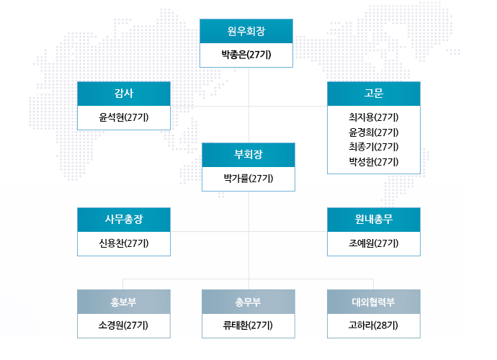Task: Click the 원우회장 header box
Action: pyautogui.click(x=246, y=31)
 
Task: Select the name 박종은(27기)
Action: pyautogui.click(x=246, y=55)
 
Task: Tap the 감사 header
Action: pyautogui.click(x=124, y=94)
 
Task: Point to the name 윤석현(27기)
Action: pyautogui.click(x=124, y=117)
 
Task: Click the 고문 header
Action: pyautogui.click(x=374, y=94)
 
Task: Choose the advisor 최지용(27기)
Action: pyautogui.click(x=374, y=117)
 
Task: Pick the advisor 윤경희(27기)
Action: pyautogui.click(x=374, y=132)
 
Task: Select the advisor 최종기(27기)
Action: pyautogui.click(x=374, y=147)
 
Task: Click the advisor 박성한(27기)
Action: pyautogui.click(x=374, y=162)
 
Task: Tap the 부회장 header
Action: pyautogui.click(x=248, y=155)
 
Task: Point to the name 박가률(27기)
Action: pyautogui.click(x=248, y=179)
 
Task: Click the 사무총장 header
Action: pyautogui.click(x=124, y=220)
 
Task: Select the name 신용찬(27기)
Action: pyautogui.click(x=124, y=243)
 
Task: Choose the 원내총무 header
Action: pyautogui.click(x=374, y=220)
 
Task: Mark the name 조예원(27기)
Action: pyautogui.click(x=374, y=243)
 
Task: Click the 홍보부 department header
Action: pyautogui.click(x=124, y=302)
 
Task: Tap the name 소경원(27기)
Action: pyautogui.click(x=123, y=325)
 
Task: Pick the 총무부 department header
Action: pyautogui.click(x=248, y=302)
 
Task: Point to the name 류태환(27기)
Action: pyautogui.click(x=248, y=325)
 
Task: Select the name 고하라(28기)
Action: pyautogui.click(x=373, y=325)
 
